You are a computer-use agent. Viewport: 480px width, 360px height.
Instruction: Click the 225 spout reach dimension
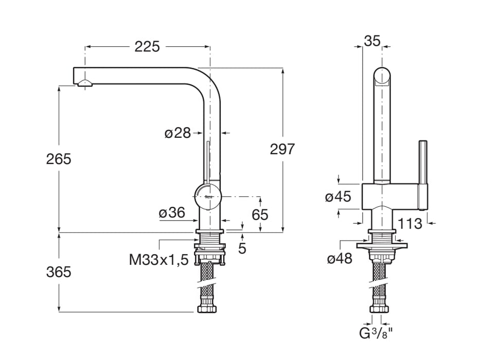pyautogui.click(x=147, y=47)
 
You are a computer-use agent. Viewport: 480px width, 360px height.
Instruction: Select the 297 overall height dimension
pyautogui.click(x=282, y=149)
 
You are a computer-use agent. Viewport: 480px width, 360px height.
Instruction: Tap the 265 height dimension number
pyautogui.click(x=59, y=159)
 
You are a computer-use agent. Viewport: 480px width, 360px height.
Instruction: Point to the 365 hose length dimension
pyautogui.click(x=59, y=272)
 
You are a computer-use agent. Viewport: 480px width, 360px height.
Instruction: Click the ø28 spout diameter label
pyautogui.click(x=177, y=133)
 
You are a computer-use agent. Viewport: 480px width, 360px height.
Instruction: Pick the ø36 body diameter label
pyautogui.click(x=171, y=213)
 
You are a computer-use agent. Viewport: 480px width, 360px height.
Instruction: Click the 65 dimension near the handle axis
pyautogui.click(x=260, y=214)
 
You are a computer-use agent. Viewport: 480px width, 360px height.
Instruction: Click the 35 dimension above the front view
pyautogui.click(x=371, y=41)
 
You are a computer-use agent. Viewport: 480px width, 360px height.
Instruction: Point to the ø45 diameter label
pyautogui.click(x=339, y=196)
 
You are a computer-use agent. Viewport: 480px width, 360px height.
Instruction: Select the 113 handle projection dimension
pyautogui.click(x=410, y=224)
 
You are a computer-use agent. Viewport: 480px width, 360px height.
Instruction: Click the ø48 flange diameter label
pyautogui.click(x=340, y=259)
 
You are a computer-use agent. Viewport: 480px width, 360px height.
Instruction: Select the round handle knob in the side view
pyautogui.click(x=207, y=196)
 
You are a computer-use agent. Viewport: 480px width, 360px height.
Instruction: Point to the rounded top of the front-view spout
pyautogui.click(x=382, y=75)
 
